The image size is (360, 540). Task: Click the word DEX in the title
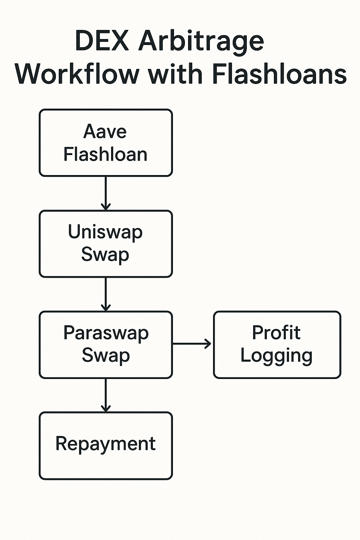click(102, 41)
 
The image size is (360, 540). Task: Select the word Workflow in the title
click(77, 74)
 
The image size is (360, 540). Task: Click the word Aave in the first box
click(105, 132)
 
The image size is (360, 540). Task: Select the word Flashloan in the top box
click(105, 154)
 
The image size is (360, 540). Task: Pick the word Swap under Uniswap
click(105, 255)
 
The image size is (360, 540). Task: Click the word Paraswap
click(106, 333)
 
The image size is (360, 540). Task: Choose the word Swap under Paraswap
click(106, 355)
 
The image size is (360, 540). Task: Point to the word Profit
click(276, 333)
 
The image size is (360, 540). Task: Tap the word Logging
click(276, 356)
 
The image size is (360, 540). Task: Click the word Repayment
click(105, 444)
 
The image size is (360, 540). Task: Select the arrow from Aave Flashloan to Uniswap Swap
click(105, 193)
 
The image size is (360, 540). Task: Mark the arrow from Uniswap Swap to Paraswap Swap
click(105, 294)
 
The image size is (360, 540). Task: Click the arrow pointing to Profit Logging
click(192, 344)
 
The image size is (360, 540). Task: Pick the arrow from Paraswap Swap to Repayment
click(105, 394)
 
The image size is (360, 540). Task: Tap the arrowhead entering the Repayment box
click(105, 408)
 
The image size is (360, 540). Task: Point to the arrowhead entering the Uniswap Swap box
click(105, 206)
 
